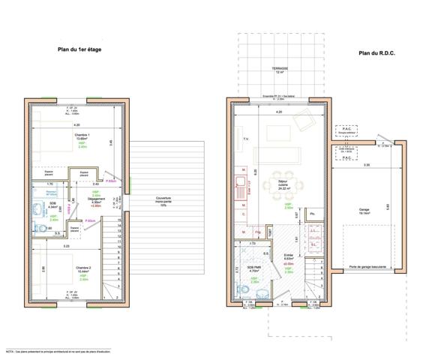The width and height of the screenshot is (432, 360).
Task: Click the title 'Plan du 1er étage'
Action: (x=79, y=49)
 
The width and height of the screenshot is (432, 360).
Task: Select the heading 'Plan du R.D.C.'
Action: (x=376, y=52)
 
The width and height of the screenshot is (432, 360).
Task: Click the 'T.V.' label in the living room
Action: (x=244, y=139)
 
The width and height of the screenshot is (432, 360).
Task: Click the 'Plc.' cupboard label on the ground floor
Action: (x=313, y=214)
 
